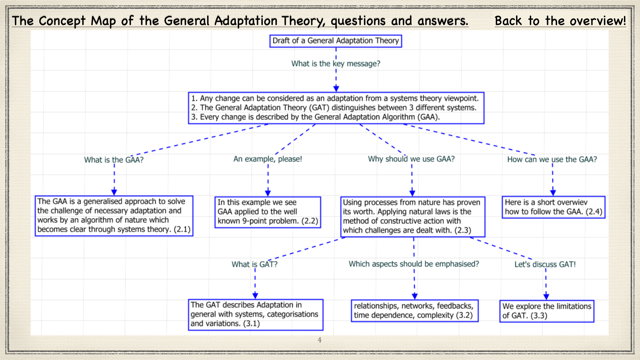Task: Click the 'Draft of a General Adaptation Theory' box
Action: (x=320, y=41)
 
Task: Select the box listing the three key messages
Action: (x=321, y=107)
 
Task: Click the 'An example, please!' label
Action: (x=267, y=159)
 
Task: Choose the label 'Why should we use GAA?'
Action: (x=412, y=159)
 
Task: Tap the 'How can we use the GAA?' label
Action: (x=552, y=159)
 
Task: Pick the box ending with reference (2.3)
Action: (x=412, y=215)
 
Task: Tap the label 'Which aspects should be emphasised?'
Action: (x=413, y=264)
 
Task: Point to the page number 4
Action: (x=319, y=340)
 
